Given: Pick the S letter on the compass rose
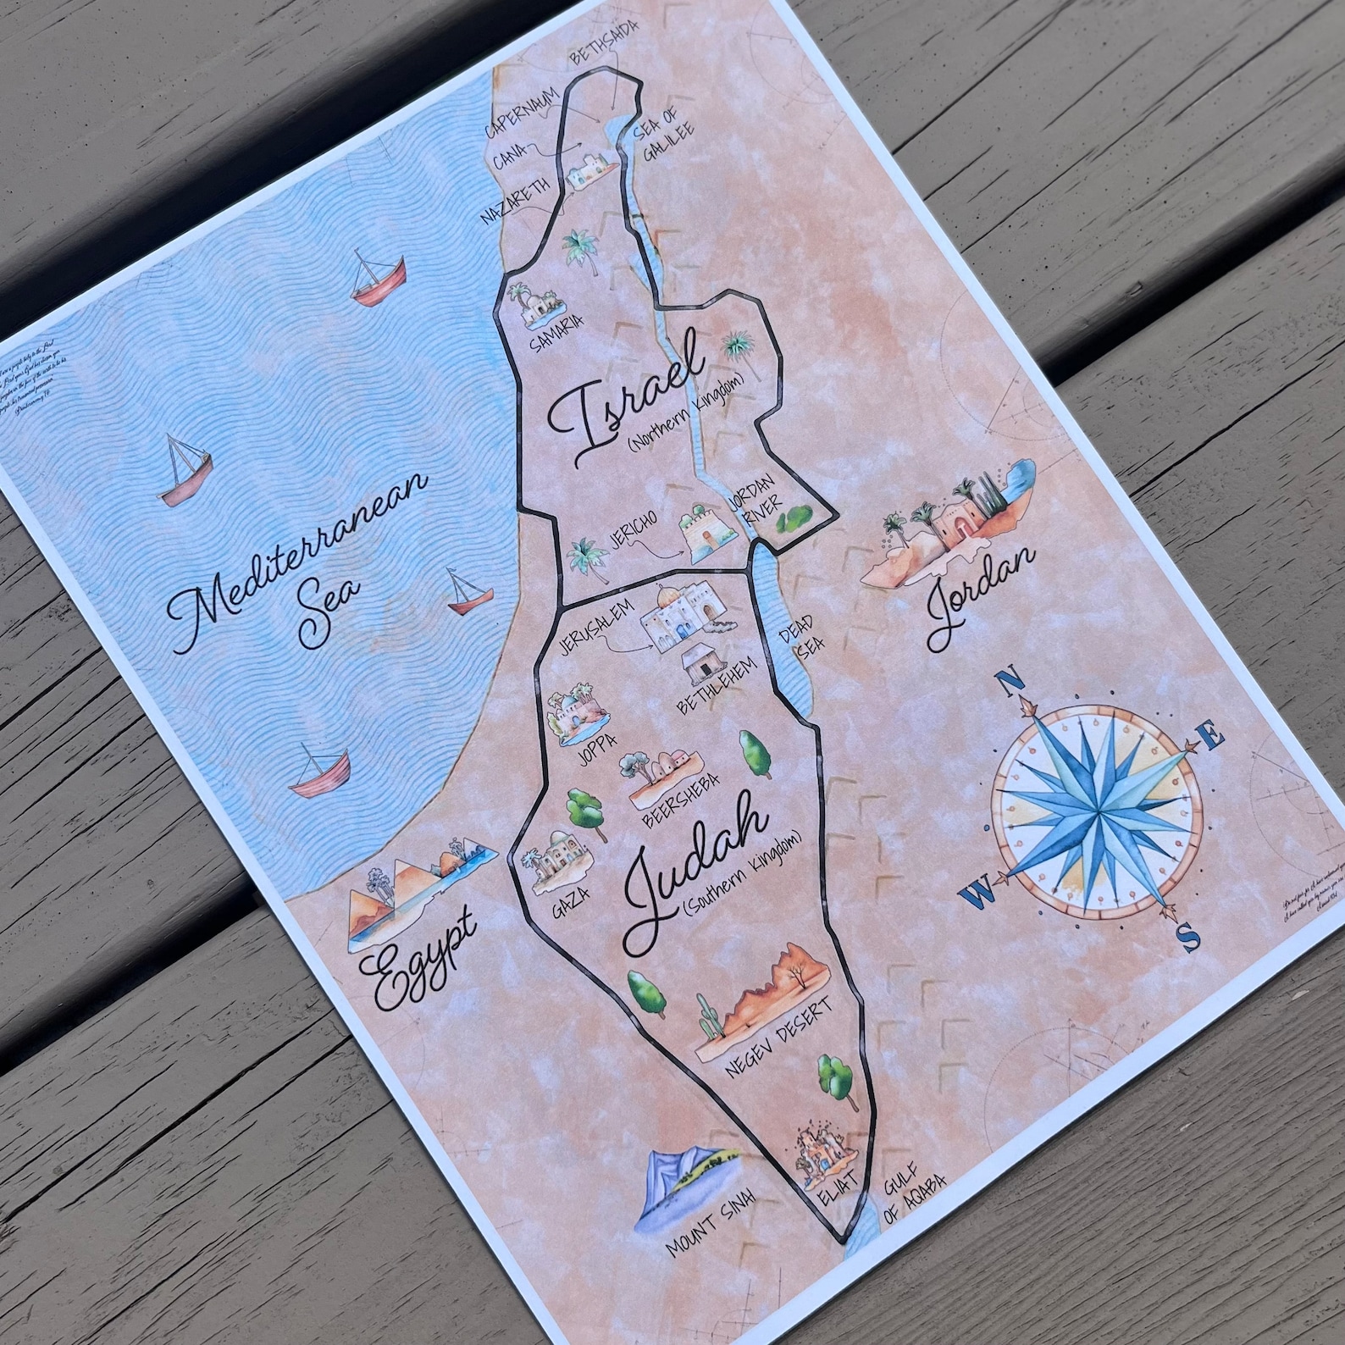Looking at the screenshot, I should (1189, 937).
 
